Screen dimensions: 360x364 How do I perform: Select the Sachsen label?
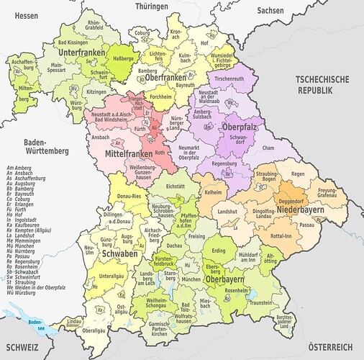pyautogui.click(x=270, y=11)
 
